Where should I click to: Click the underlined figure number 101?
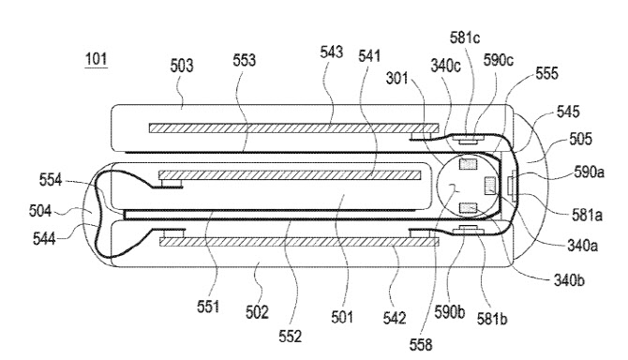pos(97,60)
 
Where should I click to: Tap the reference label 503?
pos(182,66)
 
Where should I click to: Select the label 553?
pos(244,60)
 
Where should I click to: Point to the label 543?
pos(331,52)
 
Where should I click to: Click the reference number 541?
pos(369,56)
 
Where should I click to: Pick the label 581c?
pos(465,37)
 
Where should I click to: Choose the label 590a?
pos(589,172)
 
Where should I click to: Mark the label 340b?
pos(569,280)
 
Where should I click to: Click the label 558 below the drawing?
pos(421,344)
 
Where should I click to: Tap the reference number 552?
pos(290,337)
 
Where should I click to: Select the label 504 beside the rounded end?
pos(40,211)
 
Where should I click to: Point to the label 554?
pos(51,180)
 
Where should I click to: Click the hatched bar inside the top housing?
pos(293,128)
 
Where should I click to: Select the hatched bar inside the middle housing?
pos(290,175)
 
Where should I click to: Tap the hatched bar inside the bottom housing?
pos(299,242)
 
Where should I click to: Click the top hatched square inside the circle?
pos(469,164)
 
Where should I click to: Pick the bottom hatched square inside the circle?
pos(468,208)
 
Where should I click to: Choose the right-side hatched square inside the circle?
pos(490,187)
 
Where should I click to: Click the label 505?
pos(580,139)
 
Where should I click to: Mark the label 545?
pos(568,112)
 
